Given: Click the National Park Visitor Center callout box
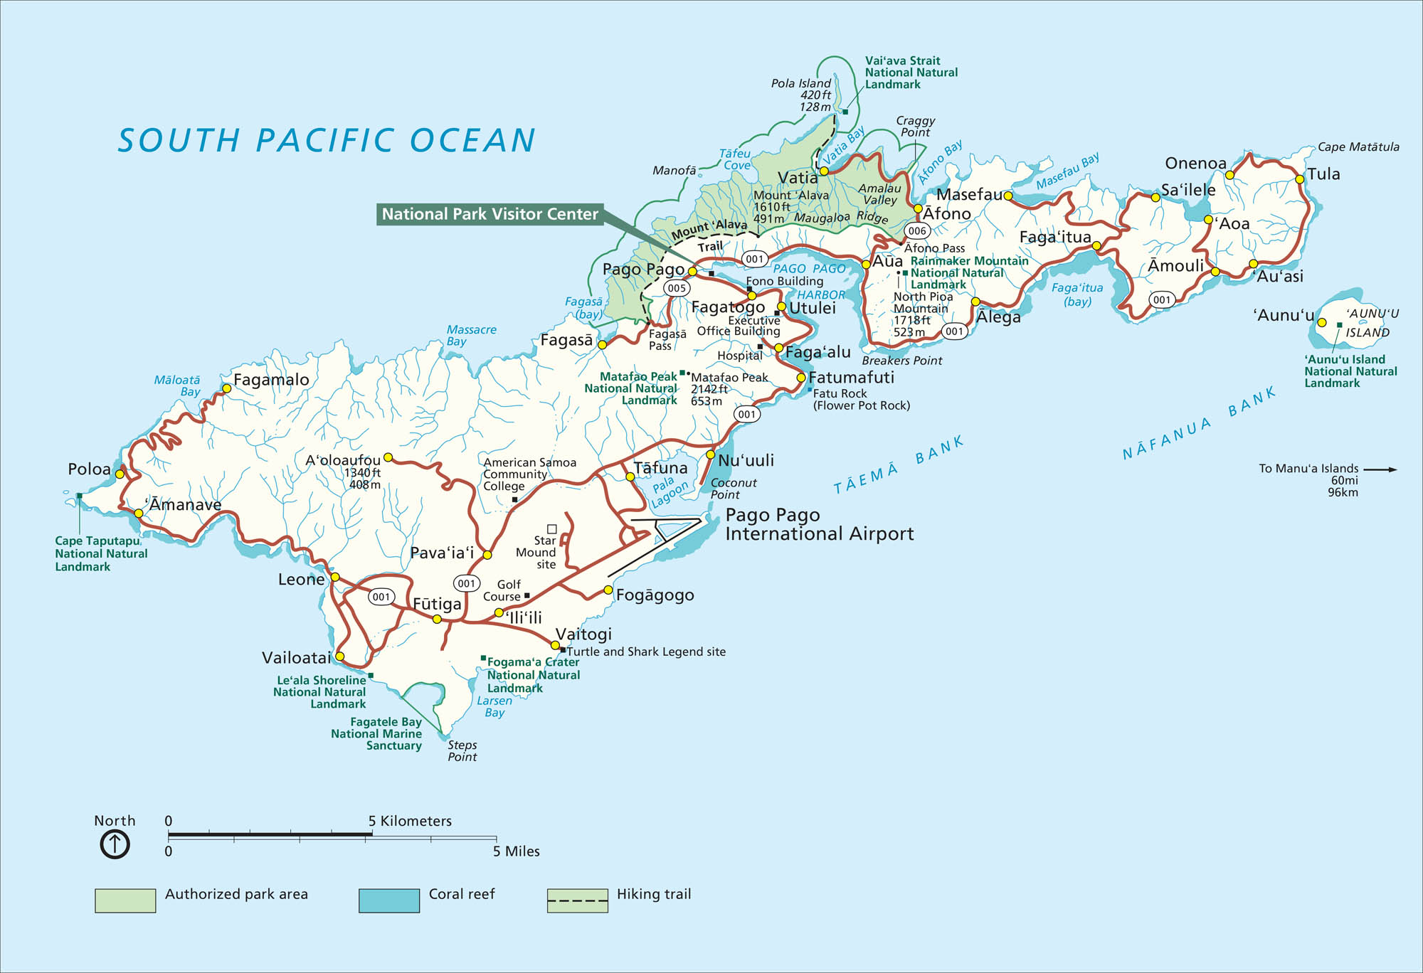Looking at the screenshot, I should click(490, 214).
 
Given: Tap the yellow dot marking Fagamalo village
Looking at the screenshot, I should click(227, 388).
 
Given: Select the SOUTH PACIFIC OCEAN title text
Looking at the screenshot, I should click(327, 140).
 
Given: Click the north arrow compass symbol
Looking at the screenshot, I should click(115, 844).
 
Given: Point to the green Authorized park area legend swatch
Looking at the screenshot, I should click(125, 900).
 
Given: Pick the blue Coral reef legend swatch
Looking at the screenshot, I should click(389, 900).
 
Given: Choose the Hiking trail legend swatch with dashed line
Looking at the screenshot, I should click(577, 900).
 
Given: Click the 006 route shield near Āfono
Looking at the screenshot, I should click(917, 230).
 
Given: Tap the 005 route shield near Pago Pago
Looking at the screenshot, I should click(676, 288).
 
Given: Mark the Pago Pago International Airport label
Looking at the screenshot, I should click(818, 524).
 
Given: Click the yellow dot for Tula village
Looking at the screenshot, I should click(1299, 179).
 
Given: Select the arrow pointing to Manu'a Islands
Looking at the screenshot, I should click(1380, 469).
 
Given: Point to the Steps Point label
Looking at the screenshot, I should click(462, 751).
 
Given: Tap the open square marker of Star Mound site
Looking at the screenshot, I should click(551, 528).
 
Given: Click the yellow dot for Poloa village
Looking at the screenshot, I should click(120, 474).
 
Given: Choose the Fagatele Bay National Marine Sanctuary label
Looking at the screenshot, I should click(376, 733).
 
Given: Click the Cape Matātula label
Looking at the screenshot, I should click(1358, 147).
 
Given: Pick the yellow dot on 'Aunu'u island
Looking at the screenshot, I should click(1322, 322).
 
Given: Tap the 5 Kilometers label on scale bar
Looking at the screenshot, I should click(410, 821).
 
